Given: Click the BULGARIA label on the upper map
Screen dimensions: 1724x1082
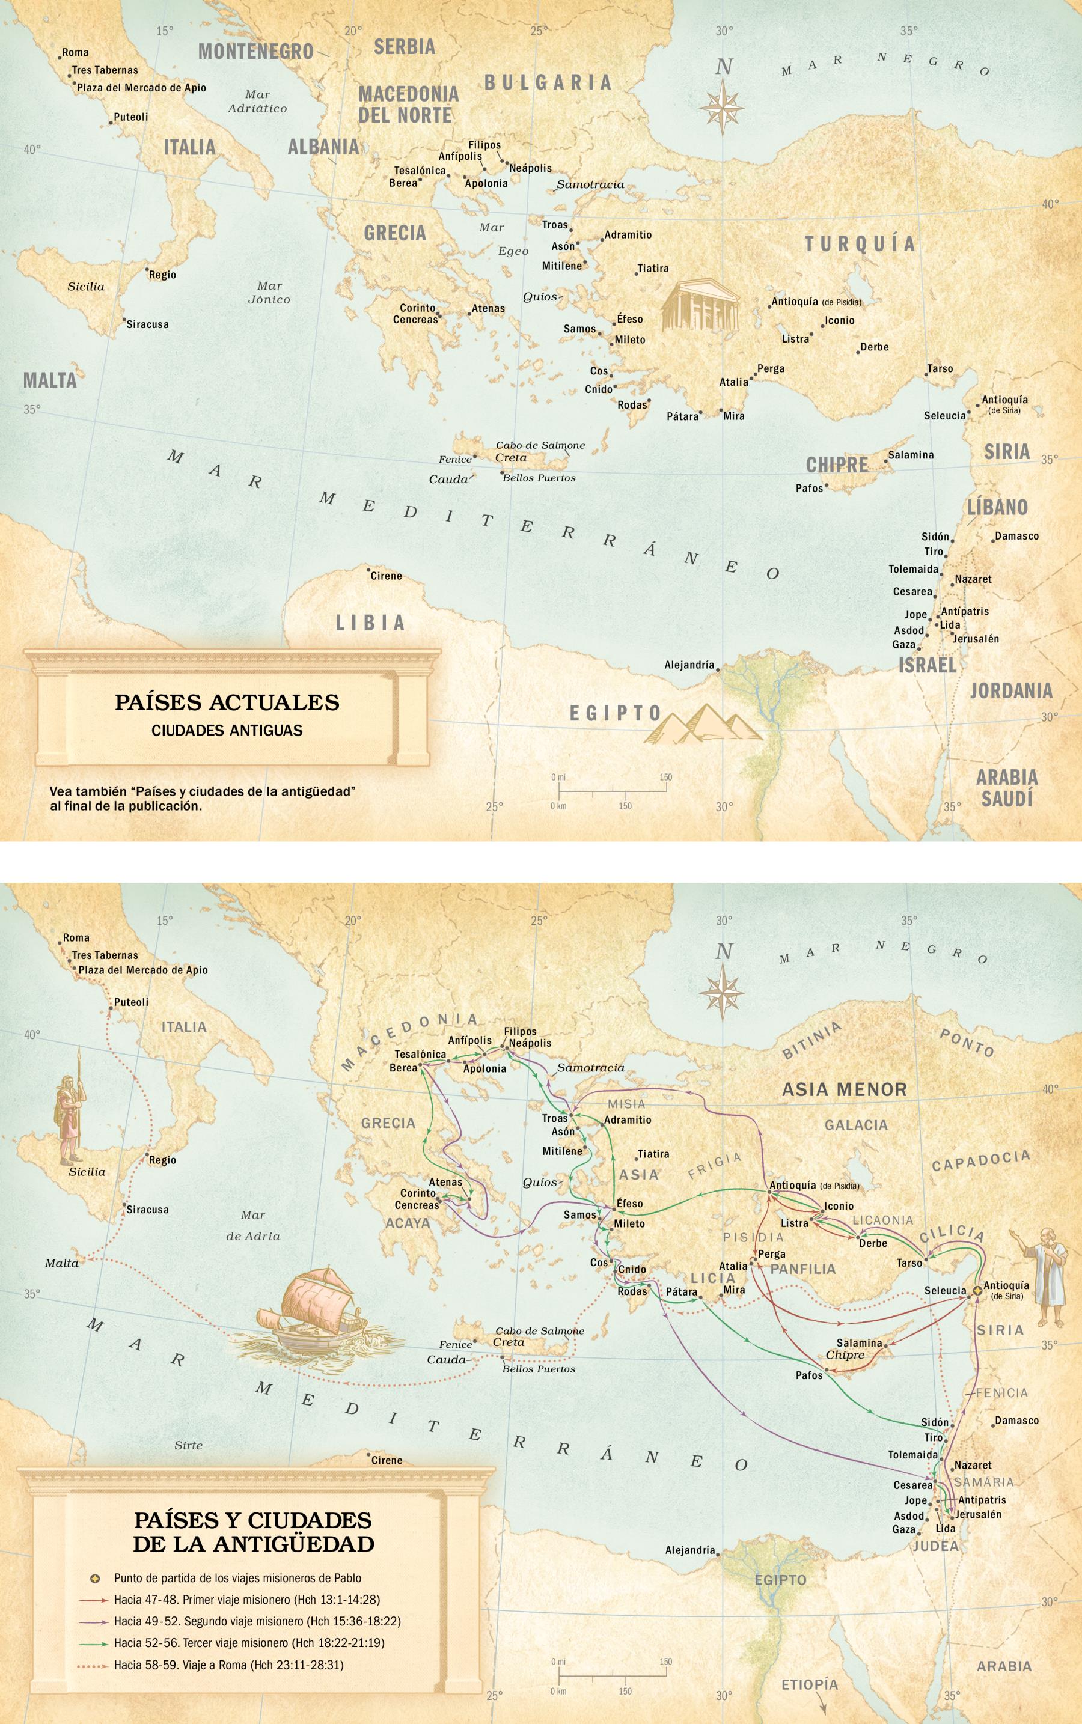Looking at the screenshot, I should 548,82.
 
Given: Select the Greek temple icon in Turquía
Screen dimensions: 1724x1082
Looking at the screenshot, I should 699,307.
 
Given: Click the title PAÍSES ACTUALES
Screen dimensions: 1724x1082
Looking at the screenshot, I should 227,702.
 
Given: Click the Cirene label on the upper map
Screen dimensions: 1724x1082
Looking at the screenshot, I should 386,576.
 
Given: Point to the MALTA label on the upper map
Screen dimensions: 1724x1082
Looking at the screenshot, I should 49,380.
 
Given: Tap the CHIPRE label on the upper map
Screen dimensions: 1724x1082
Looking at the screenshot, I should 837,465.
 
